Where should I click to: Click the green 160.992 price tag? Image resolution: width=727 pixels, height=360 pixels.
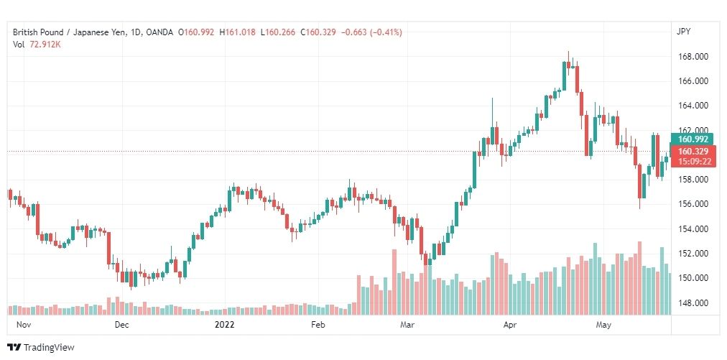(x=693, y=139)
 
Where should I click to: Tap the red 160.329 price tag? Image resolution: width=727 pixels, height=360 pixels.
(x=693, y=152)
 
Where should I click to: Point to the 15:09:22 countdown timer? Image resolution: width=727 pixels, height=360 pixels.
(x=693, y=162)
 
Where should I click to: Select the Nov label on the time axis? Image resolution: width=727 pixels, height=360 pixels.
(x=24, y=325)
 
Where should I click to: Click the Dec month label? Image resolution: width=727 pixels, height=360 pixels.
(x=121, y=325)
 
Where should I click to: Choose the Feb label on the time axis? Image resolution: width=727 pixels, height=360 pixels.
(x=318, y=325)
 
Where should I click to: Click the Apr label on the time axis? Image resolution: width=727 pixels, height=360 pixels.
(x=510, y=325)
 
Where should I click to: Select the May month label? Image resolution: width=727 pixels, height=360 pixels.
(x=603, y=325)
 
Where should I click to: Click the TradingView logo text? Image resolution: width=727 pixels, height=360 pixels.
(x=49, y=347)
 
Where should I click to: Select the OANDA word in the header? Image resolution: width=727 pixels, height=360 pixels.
(x=160, y=32)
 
